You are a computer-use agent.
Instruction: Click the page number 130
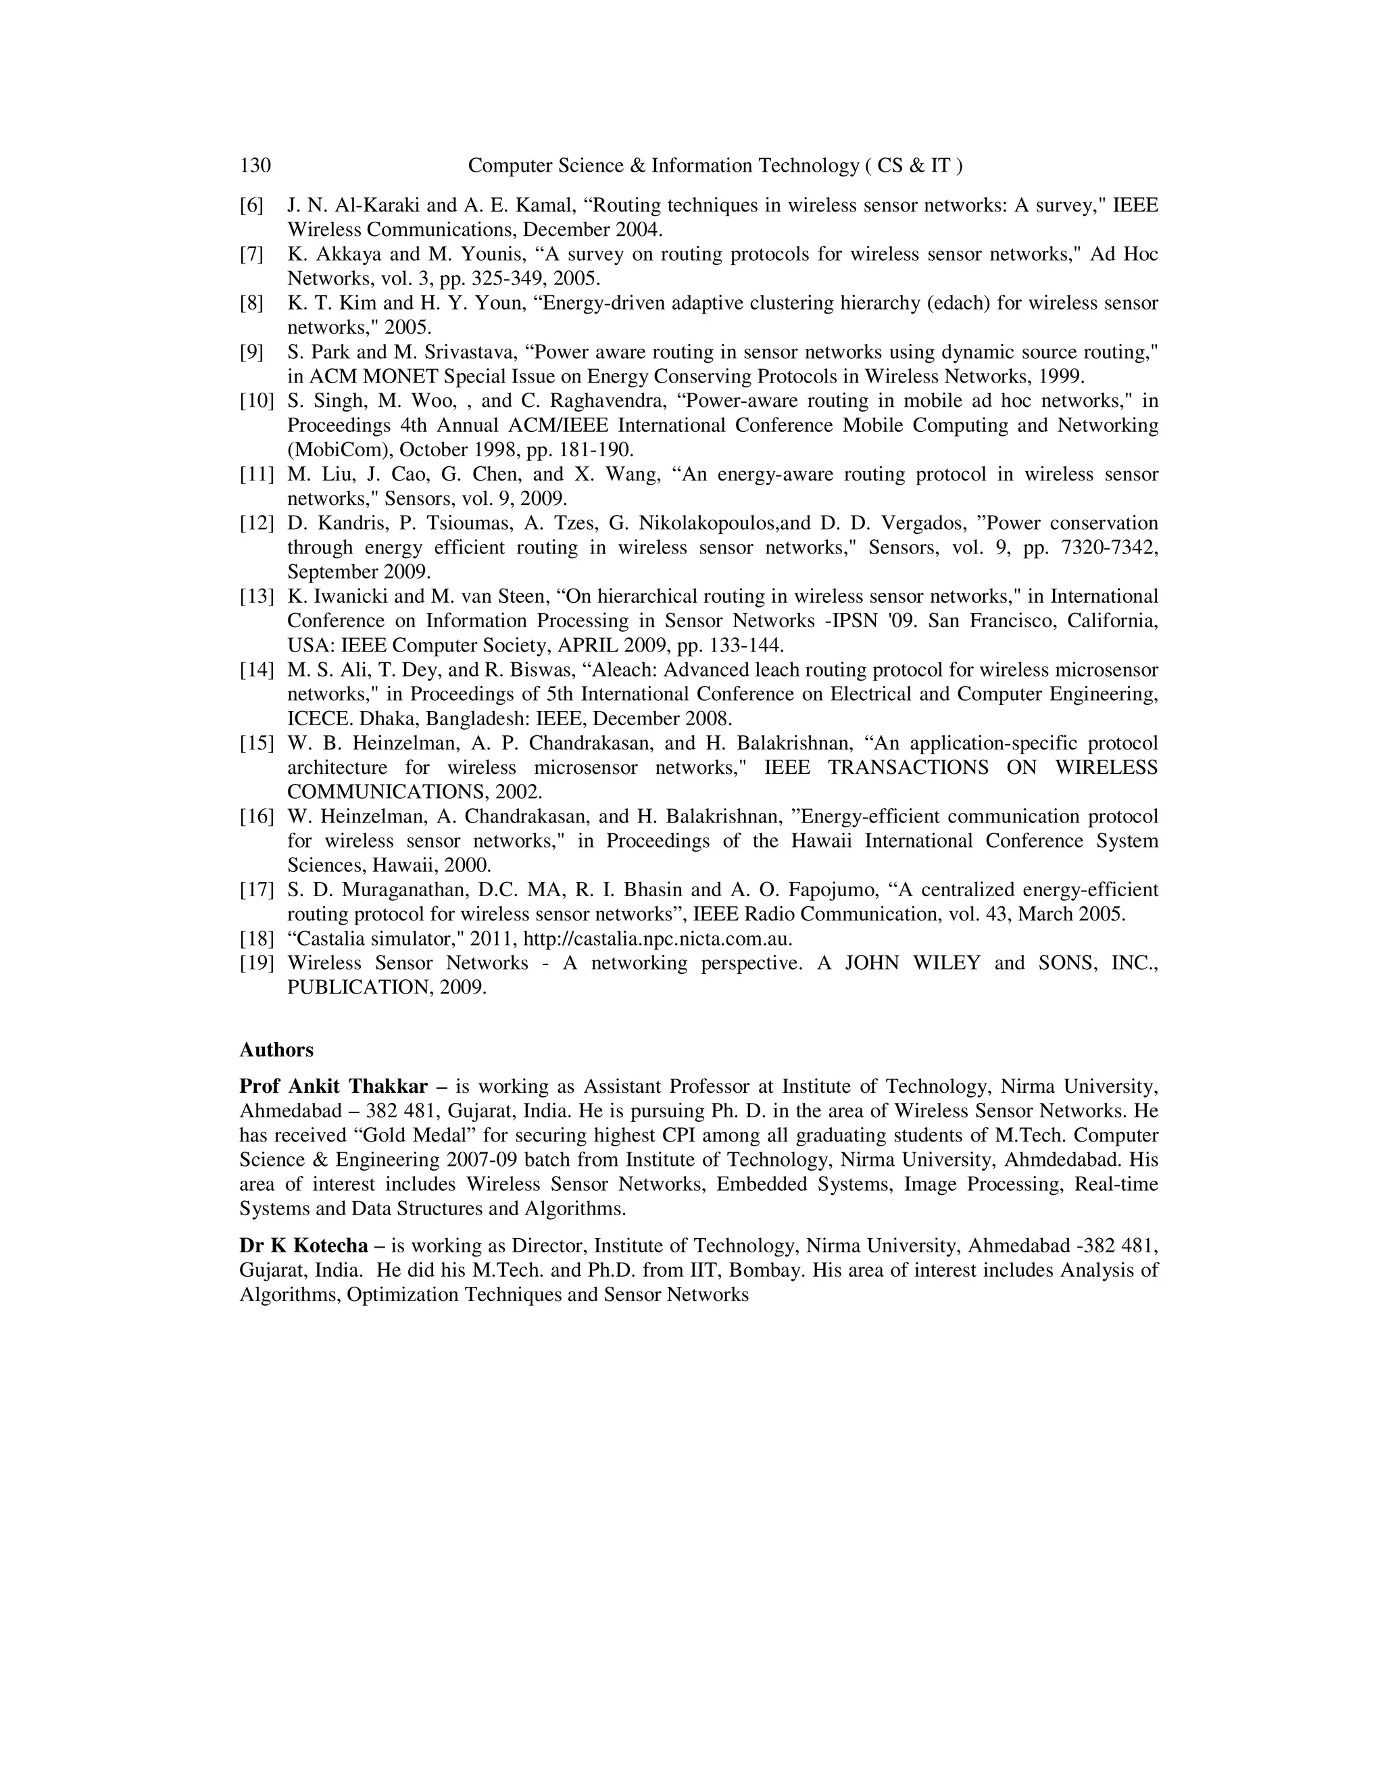click(x=255, y=166)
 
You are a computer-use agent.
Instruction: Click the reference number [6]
click(x=251, y=205)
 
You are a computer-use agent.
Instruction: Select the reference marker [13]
click(x=256, y=596)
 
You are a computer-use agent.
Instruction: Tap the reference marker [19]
click(x=256, y=962)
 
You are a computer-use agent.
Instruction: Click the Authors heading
click(x=276, y=1050)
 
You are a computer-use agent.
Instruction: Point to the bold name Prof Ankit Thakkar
click(x=333, y=1087)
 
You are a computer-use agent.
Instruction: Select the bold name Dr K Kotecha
click(x=303, y=1246)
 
